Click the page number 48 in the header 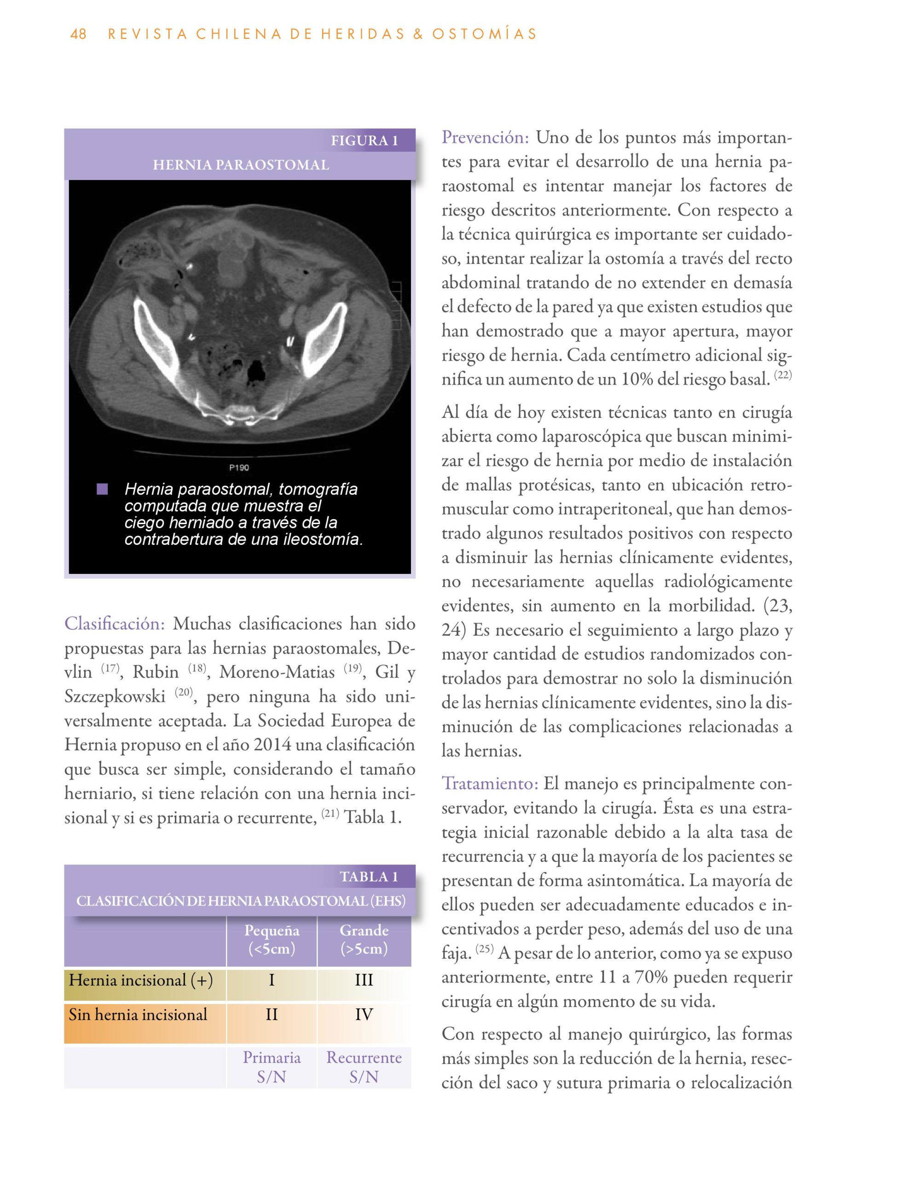(x=78, y=34)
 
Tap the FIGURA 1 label (x=364, y=141)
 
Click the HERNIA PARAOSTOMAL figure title (x=241, y=165)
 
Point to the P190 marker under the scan (x=239, y=467)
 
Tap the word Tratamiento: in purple (x=490, y=783)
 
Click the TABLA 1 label (x=369, y=877)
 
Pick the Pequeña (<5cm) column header (x=272, y=940)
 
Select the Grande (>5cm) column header (x=364, y=940)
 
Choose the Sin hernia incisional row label (x=138, y=1015)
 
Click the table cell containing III (x=364, y=981)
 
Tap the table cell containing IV (x=364, y=1015)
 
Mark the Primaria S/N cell (x=272, y=1067)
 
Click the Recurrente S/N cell (x=364, y=1067)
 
